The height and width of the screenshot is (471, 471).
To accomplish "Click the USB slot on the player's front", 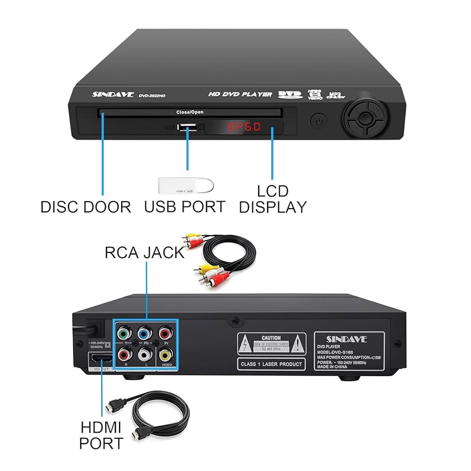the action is (x=187, y=127).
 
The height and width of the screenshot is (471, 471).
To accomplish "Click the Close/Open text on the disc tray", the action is (x=190, y=112).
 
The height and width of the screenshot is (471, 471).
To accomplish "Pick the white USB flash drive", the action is (x=186, y=185).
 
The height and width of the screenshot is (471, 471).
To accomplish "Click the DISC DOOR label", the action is (x=86, y=207).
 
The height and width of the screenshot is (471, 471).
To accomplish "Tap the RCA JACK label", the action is (x=144, y=253).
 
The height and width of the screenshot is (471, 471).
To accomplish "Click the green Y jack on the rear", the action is (x=124, y=333).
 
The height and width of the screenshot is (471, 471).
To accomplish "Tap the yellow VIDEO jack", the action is (x=165, y=355).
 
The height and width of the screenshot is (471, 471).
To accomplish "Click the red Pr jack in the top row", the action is (x=165, y=333).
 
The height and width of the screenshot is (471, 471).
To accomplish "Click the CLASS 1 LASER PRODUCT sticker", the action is (x=271, y=364).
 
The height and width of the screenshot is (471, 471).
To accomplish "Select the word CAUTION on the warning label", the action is (x=271, y=338).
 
